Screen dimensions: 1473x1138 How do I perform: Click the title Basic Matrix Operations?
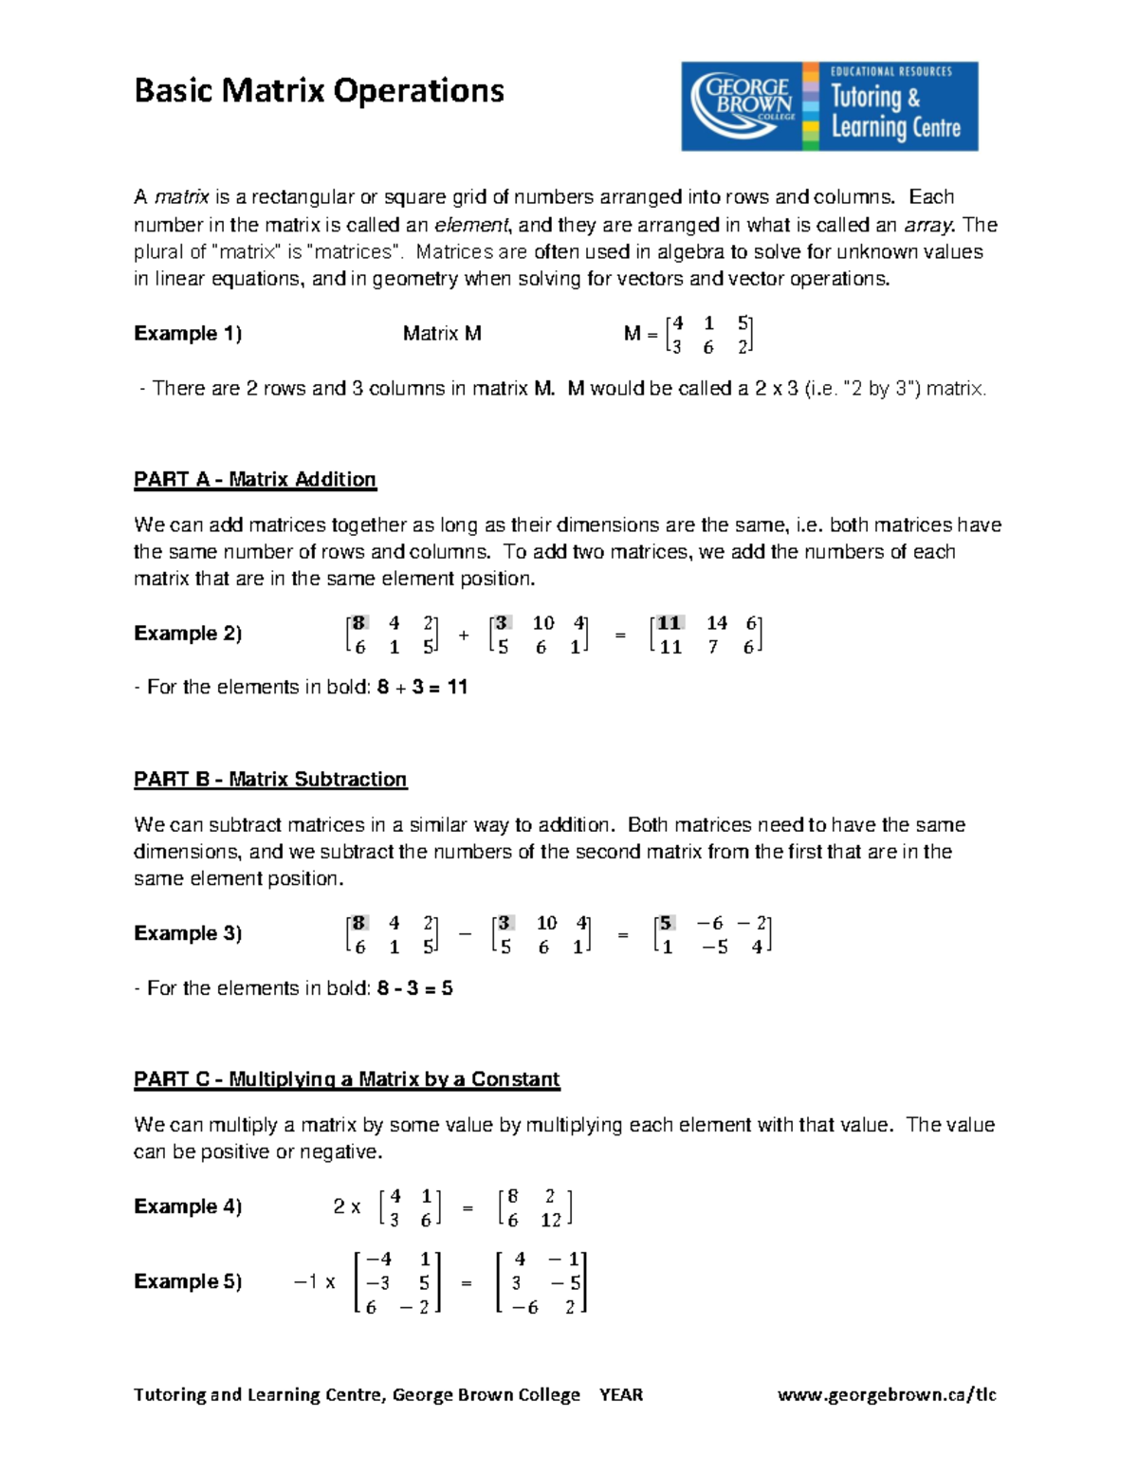coord(319,91)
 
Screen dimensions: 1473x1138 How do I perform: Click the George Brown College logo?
coord(829,106)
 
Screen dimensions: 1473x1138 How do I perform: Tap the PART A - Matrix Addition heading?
coord(255,480)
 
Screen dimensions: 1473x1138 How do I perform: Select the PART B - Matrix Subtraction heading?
coord(270,780)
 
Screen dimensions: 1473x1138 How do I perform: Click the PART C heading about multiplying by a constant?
coord(346,1079)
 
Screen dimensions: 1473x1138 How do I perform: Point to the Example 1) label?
coord(188,334)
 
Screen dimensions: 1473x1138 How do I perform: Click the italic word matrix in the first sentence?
coord(181,197)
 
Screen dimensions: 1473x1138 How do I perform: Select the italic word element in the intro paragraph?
coord(471,225)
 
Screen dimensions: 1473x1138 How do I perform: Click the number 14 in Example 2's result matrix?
coord(716,623)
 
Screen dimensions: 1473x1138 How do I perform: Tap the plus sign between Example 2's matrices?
coord(464,635)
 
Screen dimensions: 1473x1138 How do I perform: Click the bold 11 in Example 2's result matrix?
coord(670,623)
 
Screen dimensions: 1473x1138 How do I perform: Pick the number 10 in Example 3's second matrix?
coord(547,923)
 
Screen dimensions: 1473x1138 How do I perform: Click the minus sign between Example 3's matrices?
coord(465,934)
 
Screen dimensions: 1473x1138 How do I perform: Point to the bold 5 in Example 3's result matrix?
coord(667,923)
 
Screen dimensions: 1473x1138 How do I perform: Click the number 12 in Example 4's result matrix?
coord(551,1221)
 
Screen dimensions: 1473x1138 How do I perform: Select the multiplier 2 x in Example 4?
coord(346,1207)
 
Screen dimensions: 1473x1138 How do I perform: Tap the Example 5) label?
coord(188,1282)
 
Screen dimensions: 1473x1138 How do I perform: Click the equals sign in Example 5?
coord(467,1283)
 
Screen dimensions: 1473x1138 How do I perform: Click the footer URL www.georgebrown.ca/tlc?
coord(887,1394)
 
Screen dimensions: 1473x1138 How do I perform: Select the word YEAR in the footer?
coord(621,1394)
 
